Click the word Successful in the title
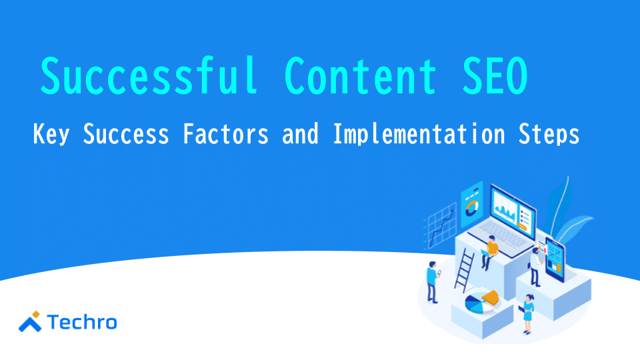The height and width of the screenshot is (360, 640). coord(149,76)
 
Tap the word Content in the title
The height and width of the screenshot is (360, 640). coord(361,76)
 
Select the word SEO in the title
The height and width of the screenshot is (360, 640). coord(495,76)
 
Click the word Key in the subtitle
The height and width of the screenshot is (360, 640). coord(51,134)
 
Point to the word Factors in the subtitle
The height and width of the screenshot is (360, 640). coord(226,133)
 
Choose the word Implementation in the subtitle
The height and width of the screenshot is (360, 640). coord(419,134)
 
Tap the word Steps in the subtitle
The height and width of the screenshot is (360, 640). coord(549,134)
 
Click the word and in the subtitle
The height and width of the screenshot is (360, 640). coord(301,133)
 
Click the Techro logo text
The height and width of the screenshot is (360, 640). coord(82,323)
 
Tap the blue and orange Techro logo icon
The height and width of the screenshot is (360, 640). coord(30,321)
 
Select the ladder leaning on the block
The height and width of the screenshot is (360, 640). coord(464,270)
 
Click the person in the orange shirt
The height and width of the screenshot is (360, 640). coord(489,253)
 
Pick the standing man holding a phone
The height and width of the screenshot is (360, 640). coord(433,282)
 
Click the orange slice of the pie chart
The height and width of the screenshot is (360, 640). coord(491,297)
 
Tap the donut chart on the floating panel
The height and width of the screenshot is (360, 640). coord(471,208)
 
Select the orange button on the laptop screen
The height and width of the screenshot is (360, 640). coord(522,227)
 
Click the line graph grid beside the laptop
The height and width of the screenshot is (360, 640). coord(440,226)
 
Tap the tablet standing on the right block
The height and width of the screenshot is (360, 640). coord(555,260)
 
